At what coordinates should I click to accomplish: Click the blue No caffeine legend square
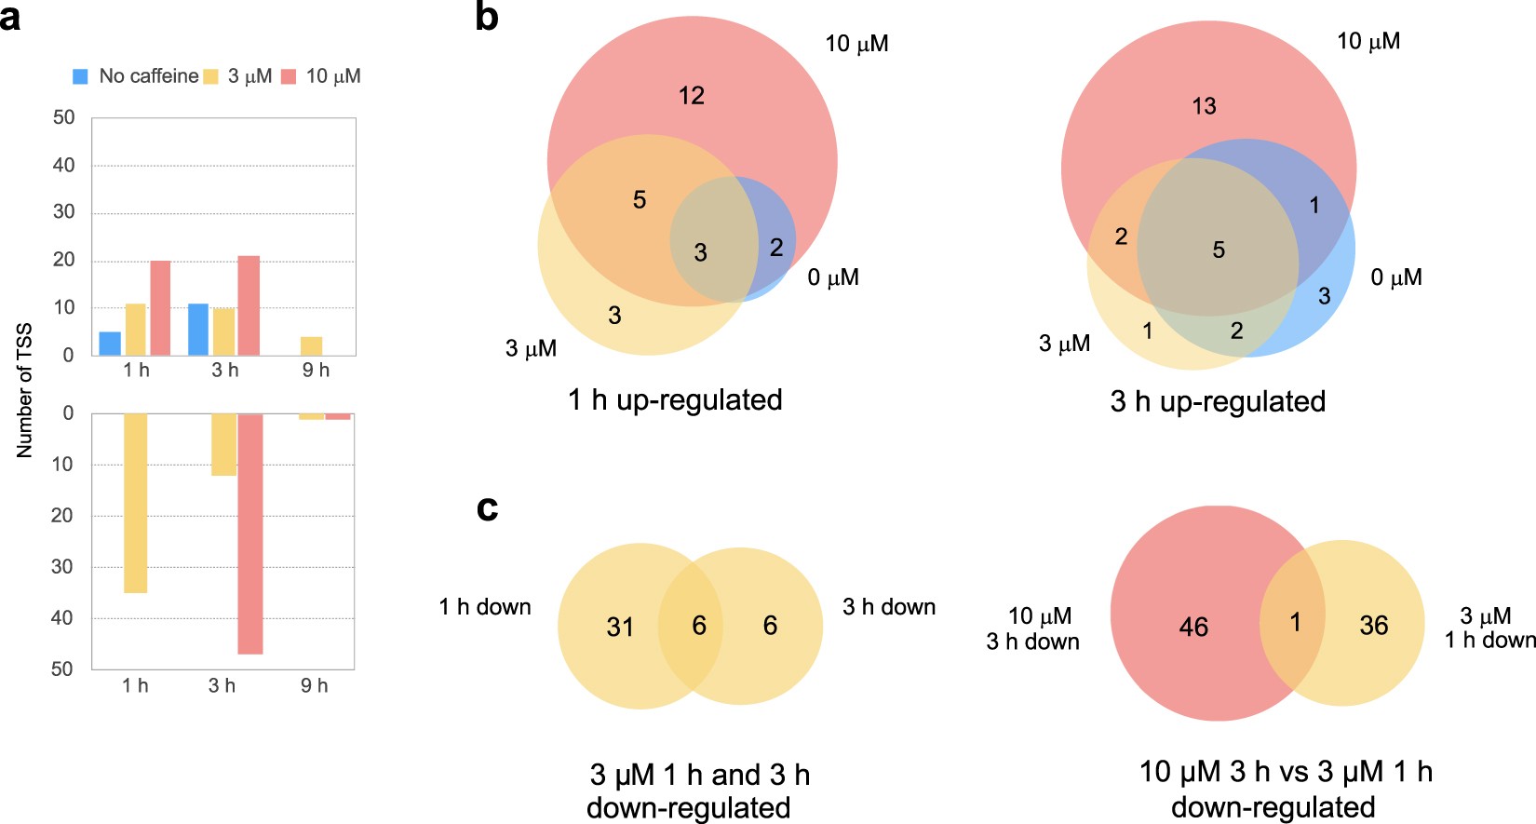pyautogui.click(x=81, y=76)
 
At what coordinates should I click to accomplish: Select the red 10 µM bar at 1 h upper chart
pyautogui.click(x=160, y=307)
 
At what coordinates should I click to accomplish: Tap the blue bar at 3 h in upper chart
pyautogui.click(x=198, y=330)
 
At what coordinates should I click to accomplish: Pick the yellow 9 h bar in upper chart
pyautogui.click(x=312, y=346)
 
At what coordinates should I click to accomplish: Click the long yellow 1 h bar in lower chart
pyautogui.click(x=135, y=503)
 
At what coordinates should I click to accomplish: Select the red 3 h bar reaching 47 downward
pyautogui.click(x=250, y=534)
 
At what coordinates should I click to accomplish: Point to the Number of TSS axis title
pyautogui.click(x=25, y=390)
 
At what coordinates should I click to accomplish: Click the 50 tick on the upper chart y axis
pyautogui.click(x=64, y=117)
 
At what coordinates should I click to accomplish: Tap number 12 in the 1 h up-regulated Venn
pyautogui.click(x=692, y=95)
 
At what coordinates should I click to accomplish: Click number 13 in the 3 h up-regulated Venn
pyautogui.click(x=1204, y=106)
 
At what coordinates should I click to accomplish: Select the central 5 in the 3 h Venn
pyautogui.click(x=1219, y=250)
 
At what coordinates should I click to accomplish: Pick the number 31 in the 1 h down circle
pyautogui.click(x=620, y=627)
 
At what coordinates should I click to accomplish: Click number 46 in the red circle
pyautogui.click(x=1193, y=627)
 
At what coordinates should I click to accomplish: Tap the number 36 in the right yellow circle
pyautogui.click(x=1374, y=626)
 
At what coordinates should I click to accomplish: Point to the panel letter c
pyautogui.click(x=487, y=507)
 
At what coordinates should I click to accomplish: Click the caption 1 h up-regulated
pyautogui.click(x=675, y=400)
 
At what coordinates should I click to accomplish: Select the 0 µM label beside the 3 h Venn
pyautogui.click(x=1395, y=277)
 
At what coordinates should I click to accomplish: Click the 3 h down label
pyautogui.click(x=889, y=607)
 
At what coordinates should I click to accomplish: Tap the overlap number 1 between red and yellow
pyautogui.click(x=1295, y=622)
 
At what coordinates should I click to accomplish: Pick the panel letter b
pyautogui.click(x=486, y=17)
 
